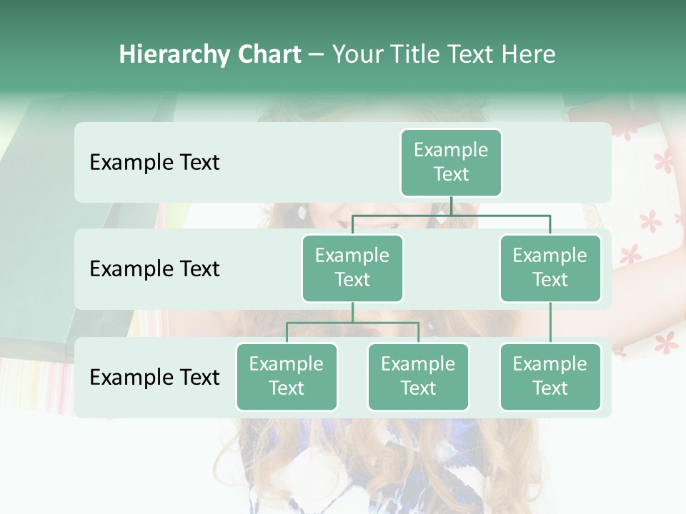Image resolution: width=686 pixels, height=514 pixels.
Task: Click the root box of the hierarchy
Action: [451, 162]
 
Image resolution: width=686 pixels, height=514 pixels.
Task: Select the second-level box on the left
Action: [352, 268]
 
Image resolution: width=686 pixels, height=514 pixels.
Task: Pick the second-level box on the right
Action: [550, 268]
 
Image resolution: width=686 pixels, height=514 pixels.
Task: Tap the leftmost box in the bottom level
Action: [287, 376]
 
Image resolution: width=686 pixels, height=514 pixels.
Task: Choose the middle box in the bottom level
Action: [418, 376]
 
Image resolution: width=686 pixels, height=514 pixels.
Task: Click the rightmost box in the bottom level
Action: [550, 376]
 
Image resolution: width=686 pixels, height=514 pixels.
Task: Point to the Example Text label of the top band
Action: [154, 163]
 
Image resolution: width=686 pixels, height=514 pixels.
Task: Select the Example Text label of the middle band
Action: [154, 269]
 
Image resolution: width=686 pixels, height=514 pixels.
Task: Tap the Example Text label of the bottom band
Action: [154, 377]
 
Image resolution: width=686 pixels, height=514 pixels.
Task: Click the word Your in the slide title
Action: [355, 55]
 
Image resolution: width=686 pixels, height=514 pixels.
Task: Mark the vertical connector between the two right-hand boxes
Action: [550, 323]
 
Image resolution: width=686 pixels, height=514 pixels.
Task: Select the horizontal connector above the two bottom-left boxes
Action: [352, 323]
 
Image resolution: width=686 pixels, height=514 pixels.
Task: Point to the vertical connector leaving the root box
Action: [451, 206]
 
